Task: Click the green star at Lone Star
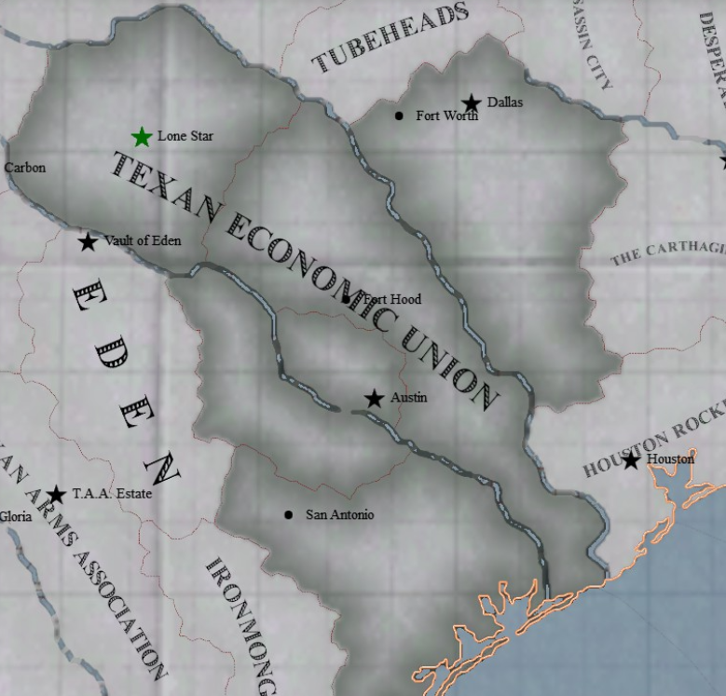coord(142,138)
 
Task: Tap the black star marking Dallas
coord(472,103)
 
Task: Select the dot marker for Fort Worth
coord(399,116)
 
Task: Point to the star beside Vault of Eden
coord(88,242)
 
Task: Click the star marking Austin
coord(374,399)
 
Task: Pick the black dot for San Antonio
coord(288,514)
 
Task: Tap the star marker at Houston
coord(631,460)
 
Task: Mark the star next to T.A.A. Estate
coord(56,495)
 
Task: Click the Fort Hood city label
coord(391,299)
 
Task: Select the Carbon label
coord(24,168)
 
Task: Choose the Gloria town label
coord(15,515)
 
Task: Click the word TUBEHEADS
coord(390,38)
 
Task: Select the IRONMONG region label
coord(240,624)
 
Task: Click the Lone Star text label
coord(185,136)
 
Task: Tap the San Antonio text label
coord(340,514)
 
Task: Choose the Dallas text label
coord(505,102)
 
